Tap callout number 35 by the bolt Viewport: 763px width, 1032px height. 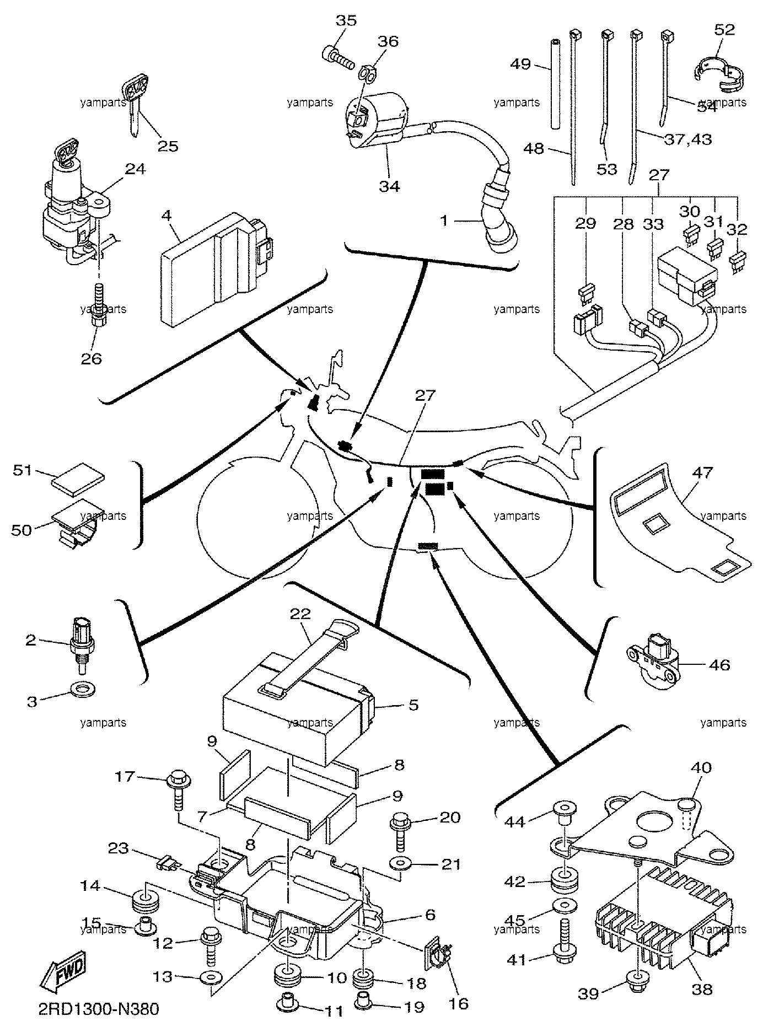pyautogui.click(x=346, y=21)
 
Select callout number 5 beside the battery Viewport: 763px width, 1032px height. pyautogui.click(x=413, y=705)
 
